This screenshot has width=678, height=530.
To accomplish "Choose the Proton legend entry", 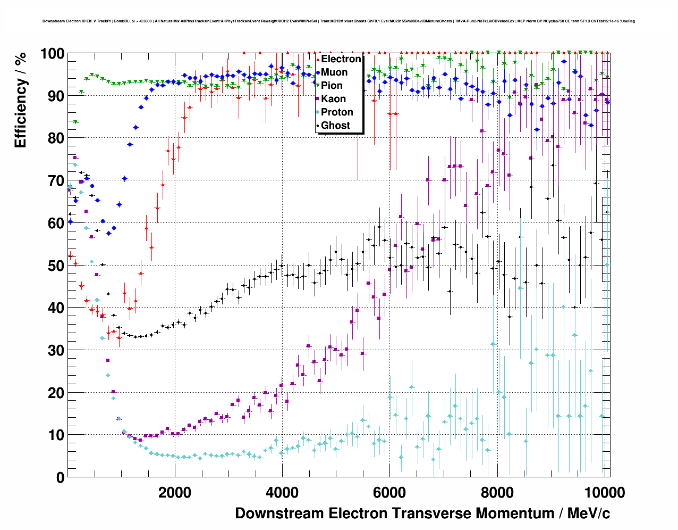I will pyautogui.click(x=337, y=112).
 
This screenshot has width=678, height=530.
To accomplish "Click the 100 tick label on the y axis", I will pyautogui.click(x=52, y=54).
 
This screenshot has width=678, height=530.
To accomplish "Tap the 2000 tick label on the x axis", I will pyautogui.click(x=175, y=492).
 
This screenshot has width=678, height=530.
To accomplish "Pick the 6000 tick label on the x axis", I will pyautogui.click(x=389, y=492).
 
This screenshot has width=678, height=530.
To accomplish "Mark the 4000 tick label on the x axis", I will pyautogui.click(x=282, y=492).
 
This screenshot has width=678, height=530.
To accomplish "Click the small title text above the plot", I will pyautogui.click(x=338, y=21).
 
